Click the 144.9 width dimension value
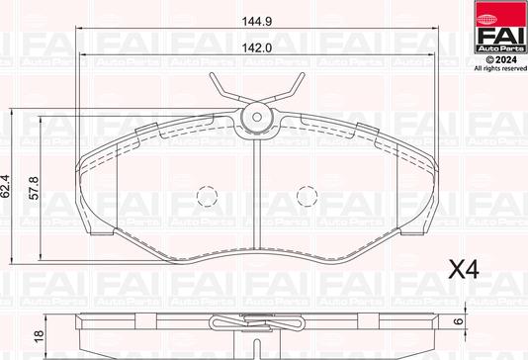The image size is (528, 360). coord(257,21)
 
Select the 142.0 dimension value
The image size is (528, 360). coord(257,48)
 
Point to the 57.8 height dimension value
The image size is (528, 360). coord(34,188)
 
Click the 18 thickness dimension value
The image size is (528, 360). coord(40,335)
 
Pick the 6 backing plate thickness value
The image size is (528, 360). coord(458,321)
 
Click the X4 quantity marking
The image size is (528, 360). coord(464,269)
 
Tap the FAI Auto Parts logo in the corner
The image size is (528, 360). coord(500,27)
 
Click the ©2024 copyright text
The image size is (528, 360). coord(500,60)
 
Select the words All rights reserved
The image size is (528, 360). coord(500,68)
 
